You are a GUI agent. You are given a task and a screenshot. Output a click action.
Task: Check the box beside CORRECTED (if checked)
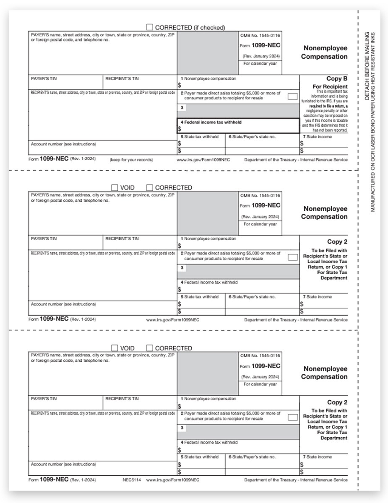[x=150, y=27]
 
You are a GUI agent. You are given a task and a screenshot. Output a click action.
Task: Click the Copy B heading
[x=337, y=78]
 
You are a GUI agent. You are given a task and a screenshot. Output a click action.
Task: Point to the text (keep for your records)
[x=131, y=160]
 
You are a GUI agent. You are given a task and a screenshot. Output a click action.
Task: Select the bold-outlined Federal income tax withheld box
[x=238, y=125]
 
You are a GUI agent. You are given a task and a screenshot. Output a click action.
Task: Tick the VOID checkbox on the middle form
[x=115, y=187]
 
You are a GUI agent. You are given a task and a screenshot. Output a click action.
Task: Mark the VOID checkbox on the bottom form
[x=115, y=348]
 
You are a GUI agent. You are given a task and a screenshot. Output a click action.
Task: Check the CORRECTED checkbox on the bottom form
[x=150, y=348]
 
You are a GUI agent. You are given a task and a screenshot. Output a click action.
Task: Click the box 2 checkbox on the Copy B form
[x=293, y=96]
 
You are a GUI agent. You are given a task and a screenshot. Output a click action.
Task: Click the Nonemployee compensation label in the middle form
[x=210, y=239]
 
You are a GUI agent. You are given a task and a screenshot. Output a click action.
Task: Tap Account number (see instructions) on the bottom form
[x=63, y=464]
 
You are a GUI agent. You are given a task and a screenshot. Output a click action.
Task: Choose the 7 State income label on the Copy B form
[x=317, y=137]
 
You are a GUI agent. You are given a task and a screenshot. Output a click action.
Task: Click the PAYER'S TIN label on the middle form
[x=44, y=239]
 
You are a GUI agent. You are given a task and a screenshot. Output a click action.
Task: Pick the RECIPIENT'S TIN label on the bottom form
[x=122, y=399]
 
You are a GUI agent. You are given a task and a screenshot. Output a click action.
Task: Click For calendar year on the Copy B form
[x=260, y=63]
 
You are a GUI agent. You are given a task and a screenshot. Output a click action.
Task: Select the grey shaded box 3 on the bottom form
[x=238, y=432]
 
